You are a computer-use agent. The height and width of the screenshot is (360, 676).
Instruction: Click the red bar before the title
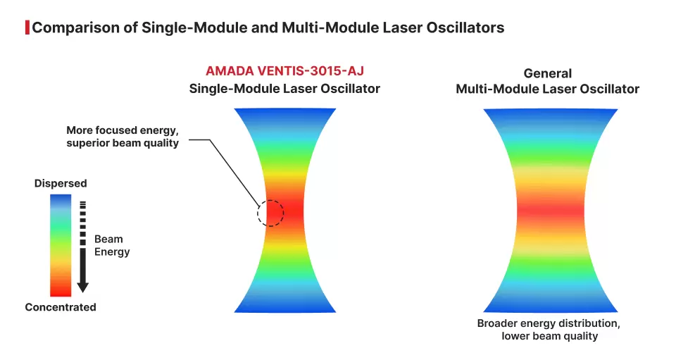(x=27, y=28)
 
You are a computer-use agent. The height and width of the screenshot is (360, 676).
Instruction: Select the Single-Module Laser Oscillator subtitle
(x=284, y=89)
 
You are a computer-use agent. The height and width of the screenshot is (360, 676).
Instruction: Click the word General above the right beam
(x=548, y=73)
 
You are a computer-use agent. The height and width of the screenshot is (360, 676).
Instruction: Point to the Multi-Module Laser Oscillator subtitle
(x=548, y=89)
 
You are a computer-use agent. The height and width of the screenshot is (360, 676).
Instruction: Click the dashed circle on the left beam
(x=270, y=212)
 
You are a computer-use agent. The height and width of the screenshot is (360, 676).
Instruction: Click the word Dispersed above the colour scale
(x=61, y=184)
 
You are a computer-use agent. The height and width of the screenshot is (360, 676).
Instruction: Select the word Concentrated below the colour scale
(x=61, y=307)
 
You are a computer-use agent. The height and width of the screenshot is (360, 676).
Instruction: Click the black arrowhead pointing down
(x=82, y=286)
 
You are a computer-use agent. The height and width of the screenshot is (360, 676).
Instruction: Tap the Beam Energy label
(x=112, y=246)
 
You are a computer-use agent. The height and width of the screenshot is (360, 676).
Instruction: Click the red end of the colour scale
(x=61, y=290)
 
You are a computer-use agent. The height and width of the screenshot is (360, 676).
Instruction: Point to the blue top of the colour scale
(x=61, y=201)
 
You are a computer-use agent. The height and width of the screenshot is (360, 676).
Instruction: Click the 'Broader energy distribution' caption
(x=549, y=323)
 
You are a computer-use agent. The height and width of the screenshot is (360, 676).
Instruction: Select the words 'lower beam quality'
(x=549, y=336)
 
